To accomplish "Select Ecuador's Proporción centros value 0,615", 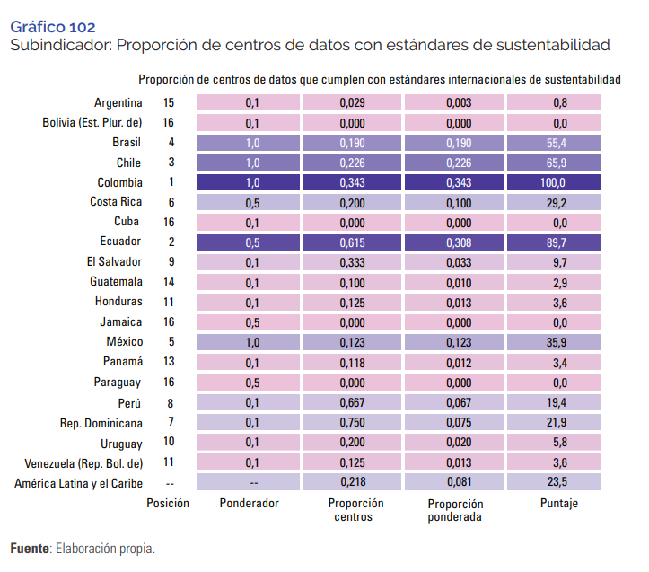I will pyautogui.click(x=352, y=242).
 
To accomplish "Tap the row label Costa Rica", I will pyautogui.click(x=116, y=202).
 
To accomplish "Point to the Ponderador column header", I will pyautogui.click(x=249, y=504).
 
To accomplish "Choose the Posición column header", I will pyautogui.click(x=168, y=504).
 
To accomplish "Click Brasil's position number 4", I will pyautogui.click(x=170, y=143).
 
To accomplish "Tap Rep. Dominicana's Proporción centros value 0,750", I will pyautogui.click(x=352, y=422).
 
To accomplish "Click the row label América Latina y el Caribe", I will pyautogui.click(x=78, y=484).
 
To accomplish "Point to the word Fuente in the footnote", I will pyautogui.click(x=30, y=548).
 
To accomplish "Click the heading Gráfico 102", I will pyautogui.click(x=52, y=28).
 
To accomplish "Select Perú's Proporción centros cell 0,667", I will pyautogui.click(x=352, y=402).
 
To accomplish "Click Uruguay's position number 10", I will pyautogui.click(x=169, y=443).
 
